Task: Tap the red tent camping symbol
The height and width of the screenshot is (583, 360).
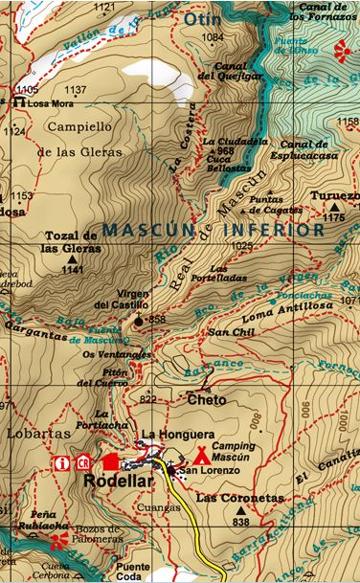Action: pyautogui.click(x=201, y=457)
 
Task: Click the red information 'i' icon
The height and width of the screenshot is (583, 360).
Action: pyautogui.click(x=63, y=463)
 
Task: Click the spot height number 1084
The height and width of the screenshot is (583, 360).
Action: pyautogui.click(x=213, y=37)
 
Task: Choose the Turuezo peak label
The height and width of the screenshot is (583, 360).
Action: pyautogui.click(x=334, y=196)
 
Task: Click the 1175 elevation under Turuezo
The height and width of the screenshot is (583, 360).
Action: pyautogui.click(x=333, y=218)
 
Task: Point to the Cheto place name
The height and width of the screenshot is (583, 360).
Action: pyautogui.click(x=206, y=400)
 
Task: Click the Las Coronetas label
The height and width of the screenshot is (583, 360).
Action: pyautogui.click(x=228, y=499)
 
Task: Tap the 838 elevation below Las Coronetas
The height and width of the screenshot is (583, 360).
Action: pyautogui.click(x=239, y=522)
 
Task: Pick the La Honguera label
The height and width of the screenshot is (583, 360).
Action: pyautogui.click(x=168, y=436)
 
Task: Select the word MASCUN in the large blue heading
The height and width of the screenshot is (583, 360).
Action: pyautogui.click(x=143, y=231)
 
